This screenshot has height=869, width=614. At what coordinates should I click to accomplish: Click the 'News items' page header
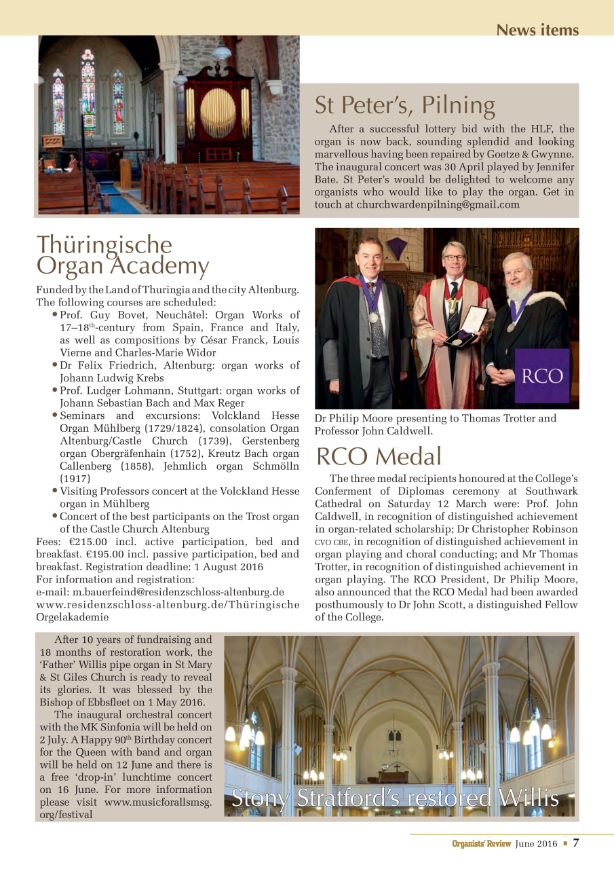tap(537, 31)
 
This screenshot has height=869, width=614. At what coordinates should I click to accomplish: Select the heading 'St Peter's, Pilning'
tap(404, 106)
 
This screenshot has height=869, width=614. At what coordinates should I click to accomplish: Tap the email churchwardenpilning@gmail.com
tap(438, 204)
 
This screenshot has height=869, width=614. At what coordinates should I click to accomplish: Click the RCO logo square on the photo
tap(541, 375)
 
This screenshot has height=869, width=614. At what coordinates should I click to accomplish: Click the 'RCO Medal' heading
tap(379, 457)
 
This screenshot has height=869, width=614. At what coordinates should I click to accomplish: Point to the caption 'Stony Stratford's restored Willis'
tap(396, 798)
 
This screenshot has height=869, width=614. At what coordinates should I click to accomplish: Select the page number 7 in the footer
tap(576, 843)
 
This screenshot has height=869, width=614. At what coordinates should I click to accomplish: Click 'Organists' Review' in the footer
tap(481, 844)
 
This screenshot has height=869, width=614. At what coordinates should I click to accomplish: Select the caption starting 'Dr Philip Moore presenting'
tap(435, 424)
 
